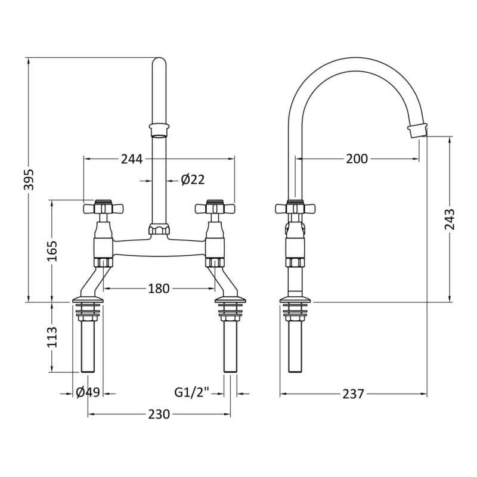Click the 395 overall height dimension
[29, 179]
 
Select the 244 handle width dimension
[132, 159]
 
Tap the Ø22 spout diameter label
[193, 180]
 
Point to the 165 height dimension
[52, 250]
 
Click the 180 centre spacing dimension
[159, 289]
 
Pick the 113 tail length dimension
[52, 337]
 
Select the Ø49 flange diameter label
[88, 393]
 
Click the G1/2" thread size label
[192, 392]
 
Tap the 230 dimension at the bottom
[159, 414]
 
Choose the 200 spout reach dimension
[357, 159]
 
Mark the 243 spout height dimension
[450, 219]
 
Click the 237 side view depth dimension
[353, 394]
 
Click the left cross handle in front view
[103, 208]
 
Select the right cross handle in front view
[215, 208]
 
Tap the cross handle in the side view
[295, 208]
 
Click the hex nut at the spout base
[159, 229]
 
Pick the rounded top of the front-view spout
[159, 61]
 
